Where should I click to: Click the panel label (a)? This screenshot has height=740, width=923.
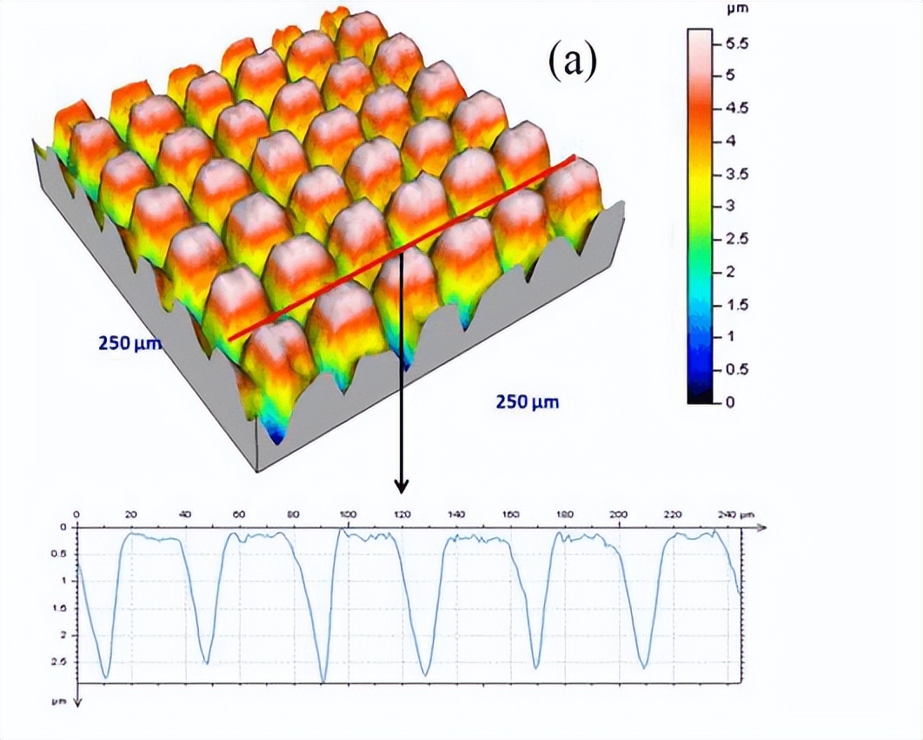click(572, 62)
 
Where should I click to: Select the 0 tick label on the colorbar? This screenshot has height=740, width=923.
click(727, 402)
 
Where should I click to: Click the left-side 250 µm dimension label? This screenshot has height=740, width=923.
click(129, 343)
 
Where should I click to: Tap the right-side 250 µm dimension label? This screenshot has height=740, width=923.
click(527, 401)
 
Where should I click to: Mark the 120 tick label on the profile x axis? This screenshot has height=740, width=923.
click(401, 515)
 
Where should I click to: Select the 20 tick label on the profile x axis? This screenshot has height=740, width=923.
click(130, 515)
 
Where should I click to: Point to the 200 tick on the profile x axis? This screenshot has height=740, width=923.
click(618, 515)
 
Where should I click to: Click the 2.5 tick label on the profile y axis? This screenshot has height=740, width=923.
click(61, 663)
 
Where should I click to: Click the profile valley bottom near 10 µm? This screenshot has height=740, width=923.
click(105, 676)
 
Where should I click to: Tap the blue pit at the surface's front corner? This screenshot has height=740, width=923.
click(276, 437)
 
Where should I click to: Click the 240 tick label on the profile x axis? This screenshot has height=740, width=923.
click(723, 515)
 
